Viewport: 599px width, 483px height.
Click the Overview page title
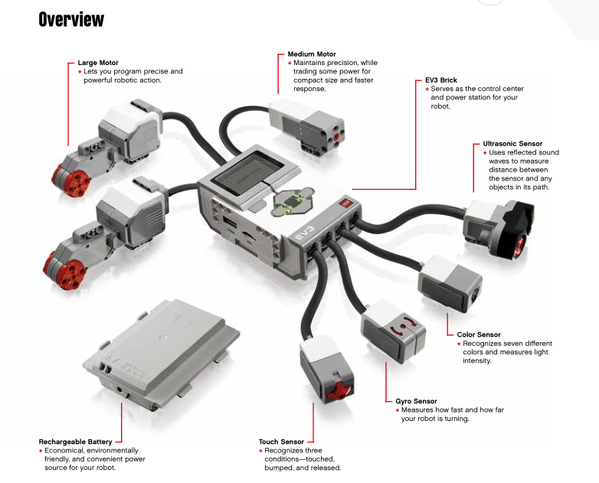click(70, 19)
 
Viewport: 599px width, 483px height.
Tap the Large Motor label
click(98, 63)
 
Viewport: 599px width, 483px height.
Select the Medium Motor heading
click(311, 54)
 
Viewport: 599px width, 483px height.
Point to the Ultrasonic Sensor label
click(512, 143)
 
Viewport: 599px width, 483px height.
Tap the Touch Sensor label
click(281, 442)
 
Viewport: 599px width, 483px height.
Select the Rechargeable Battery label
click(75, 442)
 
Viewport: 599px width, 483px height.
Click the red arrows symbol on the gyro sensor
click(401, 328)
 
